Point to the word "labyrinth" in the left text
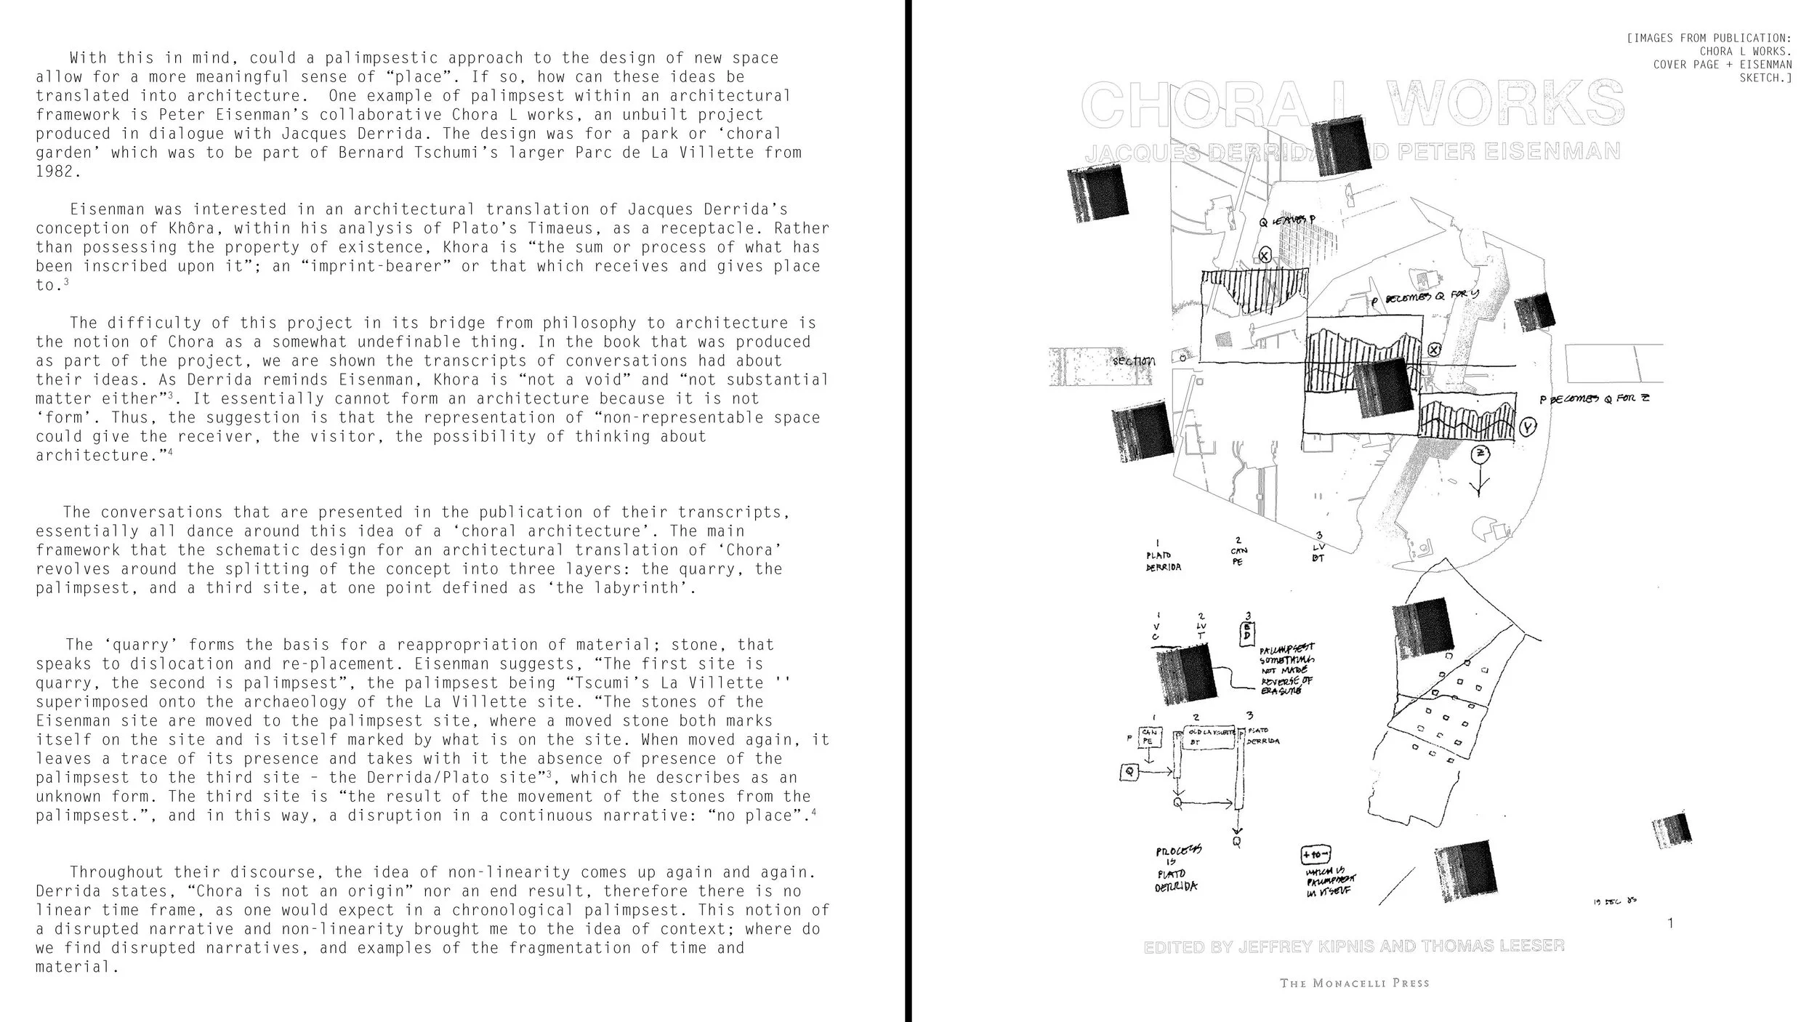point(641,588)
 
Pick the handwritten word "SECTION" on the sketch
point(1133,361)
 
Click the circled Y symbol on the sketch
point(1529,429)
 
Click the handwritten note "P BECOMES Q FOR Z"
point(1595,399)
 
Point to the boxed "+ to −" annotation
point(1315,856)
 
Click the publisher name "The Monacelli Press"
point(1355,983)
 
